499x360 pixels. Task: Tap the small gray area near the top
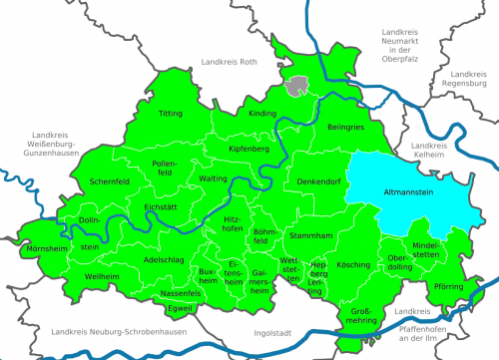tap(295, 87)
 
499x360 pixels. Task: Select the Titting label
tap(171, 114)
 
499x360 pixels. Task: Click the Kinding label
tap(262, 114)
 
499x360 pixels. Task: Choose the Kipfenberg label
tap(249, 149)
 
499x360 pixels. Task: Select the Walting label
tap(214, 178)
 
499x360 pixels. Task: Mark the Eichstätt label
tap(161, 207)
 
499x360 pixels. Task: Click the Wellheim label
tap(102, 275)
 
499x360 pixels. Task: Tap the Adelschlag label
tap(164, 259)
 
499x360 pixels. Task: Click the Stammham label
tap(310, 235)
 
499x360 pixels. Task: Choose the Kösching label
tap(353, 265)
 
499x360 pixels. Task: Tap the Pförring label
tap(448, 287)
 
